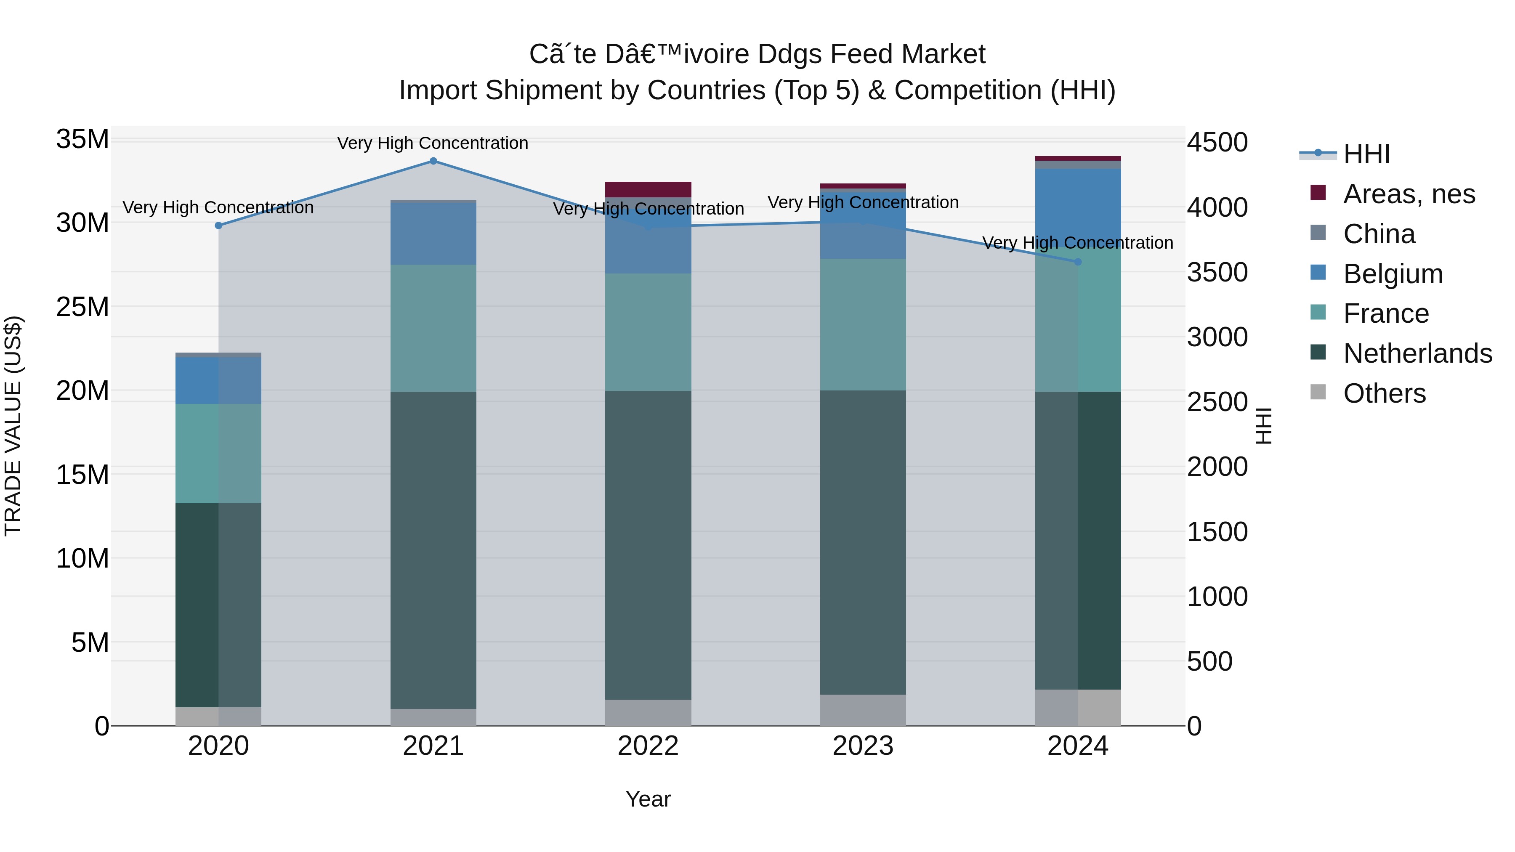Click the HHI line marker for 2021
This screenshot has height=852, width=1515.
(x=433, y=161)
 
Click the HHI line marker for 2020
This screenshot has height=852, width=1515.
(x=219, y=226)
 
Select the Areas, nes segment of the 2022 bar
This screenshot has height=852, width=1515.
(x=648, y=189)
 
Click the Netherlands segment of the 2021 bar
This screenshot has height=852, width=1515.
(x=433, y=550)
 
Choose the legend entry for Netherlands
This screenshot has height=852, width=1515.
(x=1417, y=353)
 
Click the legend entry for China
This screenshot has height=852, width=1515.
(x=1379, y=234)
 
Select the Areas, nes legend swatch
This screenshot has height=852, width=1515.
(x=1318, y=193)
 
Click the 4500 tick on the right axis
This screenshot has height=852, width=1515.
(x=1217, y=142)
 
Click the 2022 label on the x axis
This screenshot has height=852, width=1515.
(x=648, y=746)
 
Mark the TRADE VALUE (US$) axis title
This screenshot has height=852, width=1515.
(x=13, y=426)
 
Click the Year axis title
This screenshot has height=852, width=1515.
(x=648, y=799)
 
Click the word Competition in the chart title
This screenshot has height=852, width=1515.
(x=969, y=90)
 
